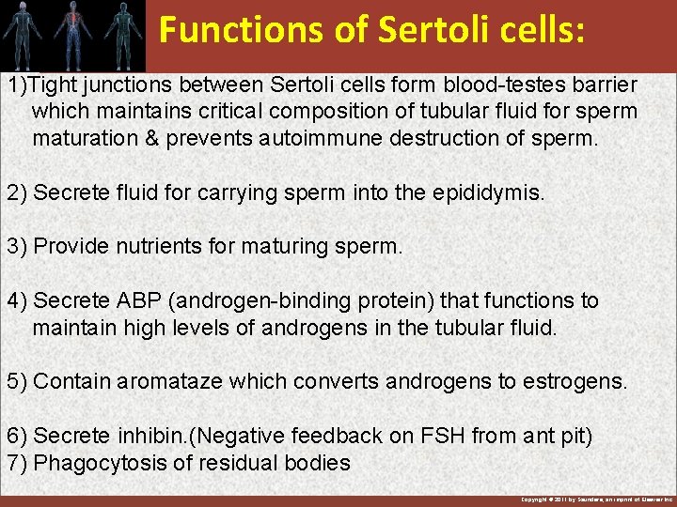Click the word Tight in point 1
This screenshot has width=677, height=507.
(52, 84)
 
